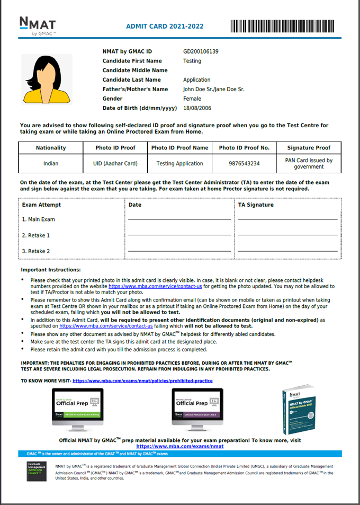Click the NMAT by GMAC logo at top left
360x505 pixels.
pyautogui.click(x=37, y=26)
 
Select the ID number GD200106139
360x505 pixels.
pyautogui.click(x=201, y=51)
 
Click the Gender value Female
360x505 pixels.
pyautogui.click(x=192, y=99)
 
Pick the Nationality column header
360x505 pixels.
pyautogui.click(x=51, y=148)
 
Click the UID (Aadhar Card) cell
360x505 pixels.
pyautogui.click(x=115, y=163)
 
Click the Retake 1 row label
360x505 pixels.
pyautogui.click(x=36, y=235)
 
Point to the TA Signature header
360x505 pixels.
pyautogui.click(x=256, y=205)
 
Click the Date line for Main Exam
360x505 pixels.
pyautogui.click(x=179, y=219)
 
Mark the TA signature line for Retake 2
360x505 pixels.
pyautogui.click(x=287, y=251)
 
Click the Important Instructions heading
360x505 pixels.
pyautogui.click(x=51, y=270)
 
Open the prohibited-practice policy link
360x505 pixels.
pyautogui.click(x=142, y=380)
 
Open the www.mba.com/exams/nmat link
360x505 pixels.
pyautogui.click(x=180, y=446)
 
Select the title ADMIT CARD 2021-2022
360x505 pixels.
pyautogui.click(x=165, y=26)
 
